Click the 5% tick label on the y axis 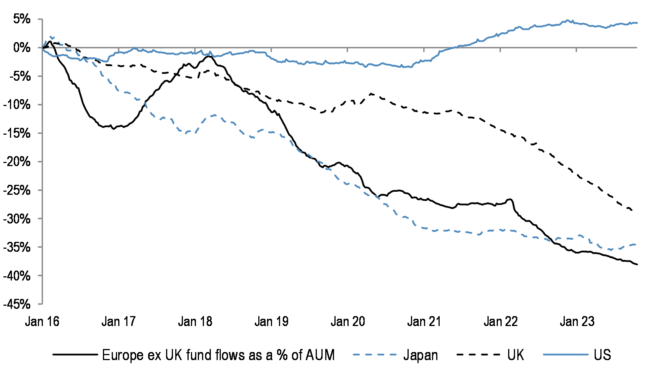click(x=21, y=19)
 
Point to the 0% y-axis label click(x=21, y=47)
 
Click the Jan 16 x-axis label click(x=42, y=321)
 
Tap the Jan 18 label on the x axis click(x=195, y=321)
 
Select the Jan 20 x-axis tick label click(x=348, y=321)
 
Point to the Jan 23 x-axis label click(x=577, y=321)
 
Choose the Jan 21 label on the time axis click(x=424, y=321)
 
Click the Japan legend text click(x=421, y=355)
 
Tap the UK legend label click(x=515, y=355)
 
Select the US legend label click(x=602, y=355)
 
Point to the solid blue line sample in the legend click(x=565, y=355)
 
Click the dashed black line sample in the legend click(x=478, y=355)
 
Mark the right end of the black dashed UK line click(x=632, y=210)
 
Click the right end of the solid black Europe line click(x=637, y=264)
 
